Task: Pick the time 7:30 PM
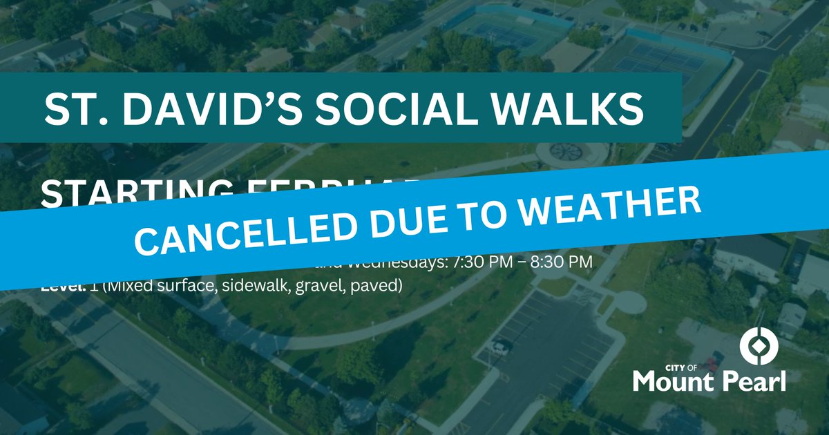pyautogui.click(x=479, y=263)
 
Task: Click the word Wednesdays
pyautogui.click(x=394, y=264)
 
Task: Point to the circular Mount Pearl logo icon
pyautogui.click(x=759, y=345)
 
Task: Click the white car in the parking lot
pyautogui.click(x=501, y=347)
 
